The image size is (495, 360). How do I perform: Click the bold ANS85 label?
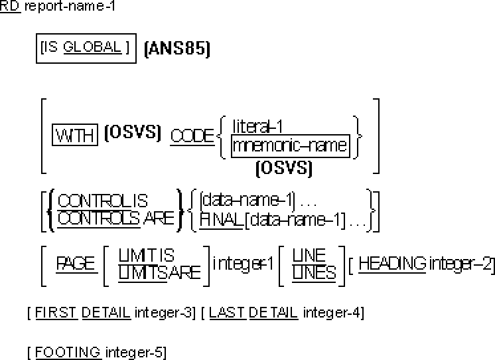(177, 50)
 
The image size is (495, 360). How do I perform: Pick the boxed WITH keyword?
(75, 136)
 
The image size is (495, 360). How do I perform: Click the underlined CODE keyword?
(192, 136)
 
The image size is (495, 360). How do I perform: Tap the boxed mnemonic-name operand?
(290, 145)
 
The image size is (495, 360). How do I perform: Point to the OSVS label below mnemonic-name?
(284, 169)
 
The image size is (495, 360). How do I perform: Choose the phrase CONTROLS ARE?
(116, 218)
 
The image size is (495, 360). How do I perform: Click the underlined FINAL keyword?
(222, 219)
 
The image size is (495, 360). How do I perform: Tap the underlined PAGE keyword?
(76, 263)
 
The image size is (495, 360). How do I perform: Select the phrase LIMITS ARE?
(159, 272)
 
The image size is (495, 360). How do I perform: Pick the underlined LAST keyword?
(223, 312)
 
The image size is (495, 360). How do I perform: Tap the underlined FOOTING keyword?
(68, 352)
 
